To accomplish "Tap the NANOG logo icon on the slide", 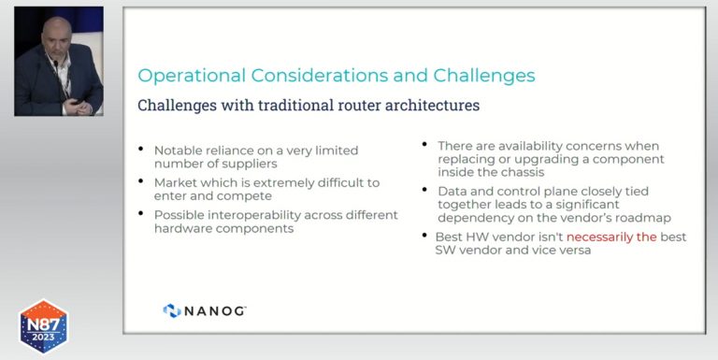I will pyautogui.click(x=172, y=310).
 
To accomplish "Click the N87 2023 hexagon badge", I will pyautogui.click(x=44, y=326).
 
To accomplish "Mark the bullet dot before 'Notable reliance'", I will pyautogui.click(x=141, y=150).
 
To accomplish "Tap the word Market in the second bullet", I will pyautogui.click(x=176, y=182).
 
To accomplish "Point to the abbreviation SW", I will pyautogui.click(x=446, y=251).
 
